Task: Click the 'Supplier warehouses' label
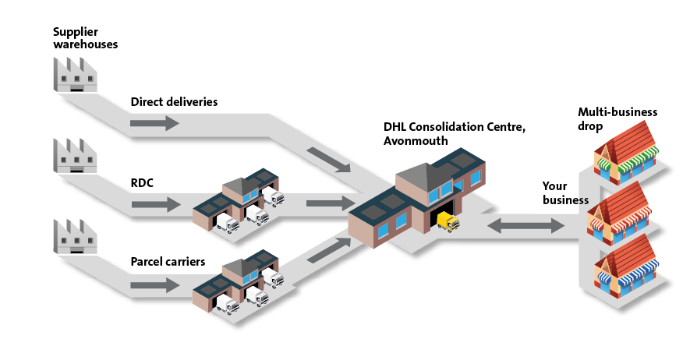(x=85, y=37)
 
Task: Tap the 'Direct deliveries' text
(x=174, y=102)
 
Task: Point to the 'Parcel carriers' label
(x=168, y=262)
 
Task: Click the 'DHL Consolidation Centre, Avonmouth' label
(x=455, y=133)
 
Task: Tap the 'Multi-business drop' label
(x=617, y=118)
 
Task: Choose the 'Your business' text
(x=565, y=193)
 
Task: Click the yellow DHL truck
(x=448, y=222)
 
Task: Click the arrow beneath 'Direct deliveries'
(x=154, y=123)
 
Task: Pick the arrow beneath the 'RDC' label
(x=154, y=205)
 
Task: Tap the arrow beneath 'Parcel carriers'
(x=154, y=286)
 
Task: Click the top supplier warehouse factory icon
(x=75, y=73)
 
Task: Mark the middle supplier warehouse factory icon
(x=75, y=155)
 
